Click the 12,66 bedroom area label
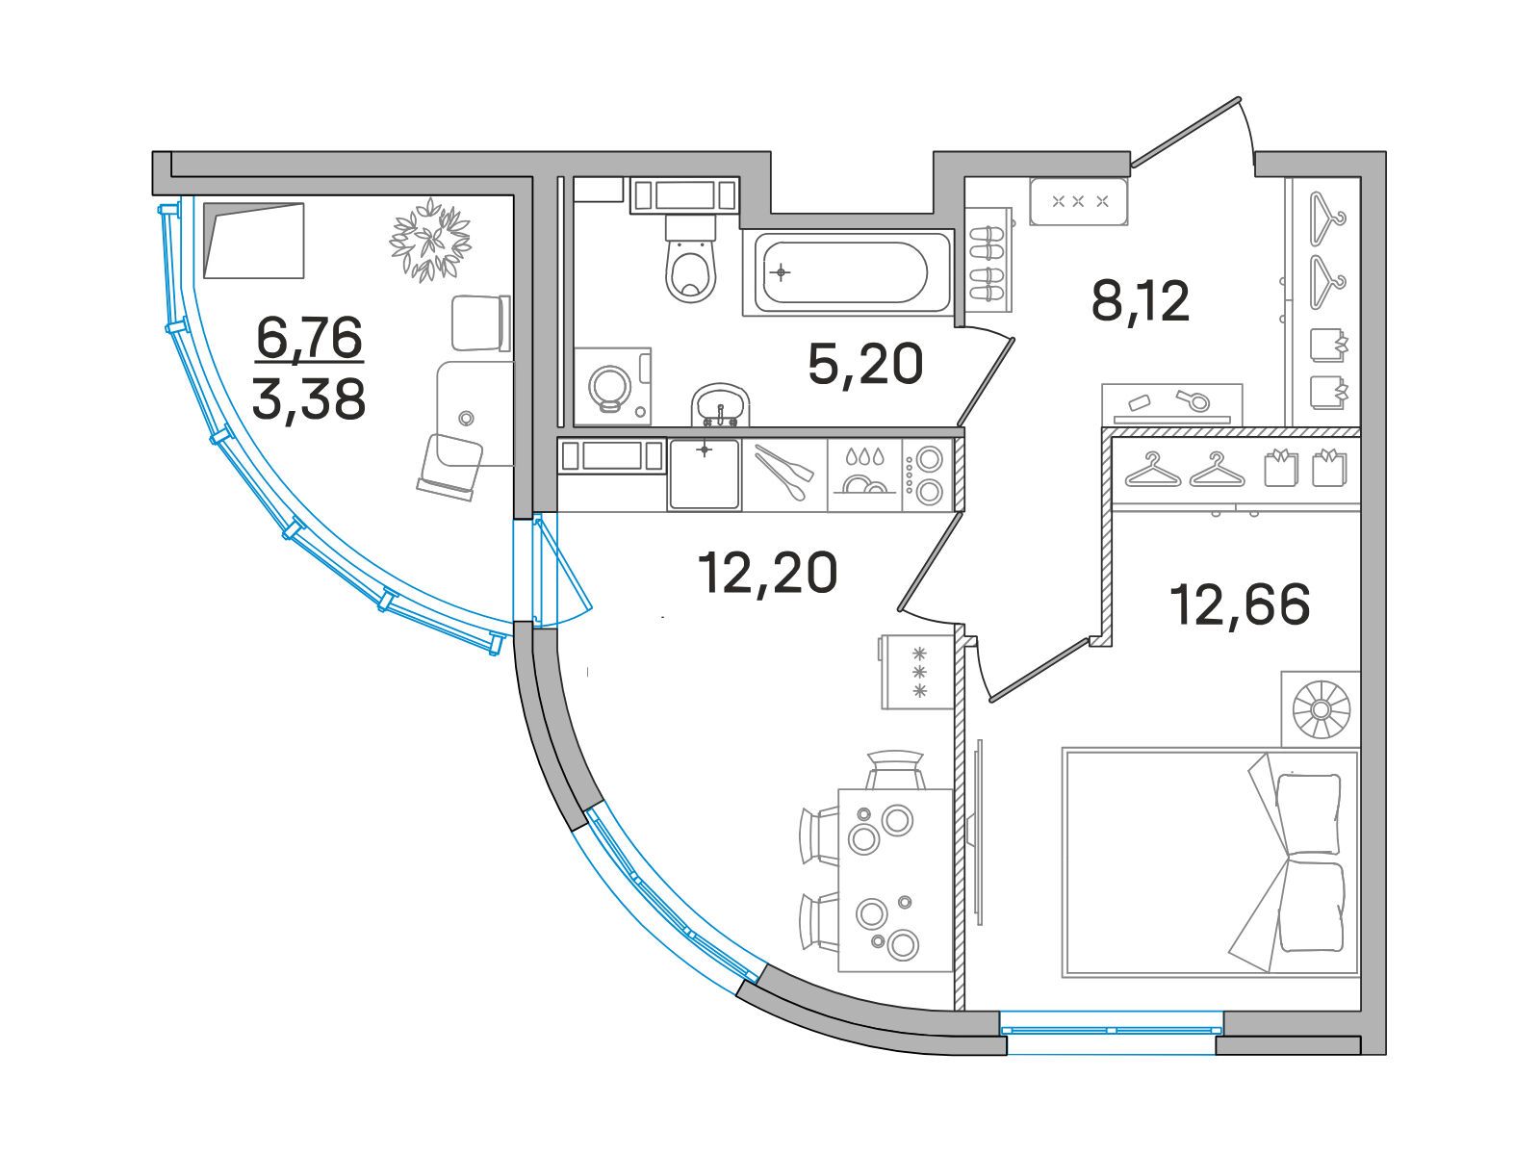coord(1240,604)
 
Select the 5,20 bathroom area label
coord(865,364)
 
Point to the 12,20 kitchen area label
coord(767,574)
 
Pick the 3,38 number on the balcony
coord(309,398)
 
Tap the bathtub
coord(846,272)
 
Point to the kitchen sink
coord(705,474)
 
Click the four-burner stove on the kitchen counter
coord(927,474)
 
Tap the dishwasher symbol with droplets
coord(863,474)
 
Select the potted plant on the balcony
coord(430,239)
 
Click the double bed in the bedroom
coord(1210,862)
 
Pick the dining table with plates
coord(894,879)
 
